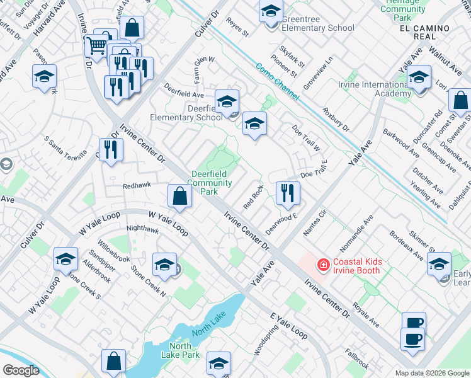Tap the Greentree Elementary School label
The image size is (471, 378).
click(x=317, y=24)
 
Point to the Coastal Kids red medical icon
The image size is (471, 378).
click(x=324, y=265)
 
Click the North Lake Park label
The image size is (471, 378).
click(x=180, y=350)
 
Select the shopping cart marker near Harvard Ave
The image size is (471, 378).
click(x=96, y=45)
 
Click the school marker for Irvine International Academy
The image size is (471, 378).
click(x=418, y=77)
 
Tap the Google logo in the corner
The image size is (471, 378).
click(x=21, y=370)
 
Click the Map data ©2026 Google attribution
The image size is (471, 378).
click(x=432, y=373)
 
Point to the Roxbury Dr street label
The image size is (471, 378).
click(x=335, y=118)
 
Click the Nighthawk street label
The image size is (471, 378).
click(x=142, y=230)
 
